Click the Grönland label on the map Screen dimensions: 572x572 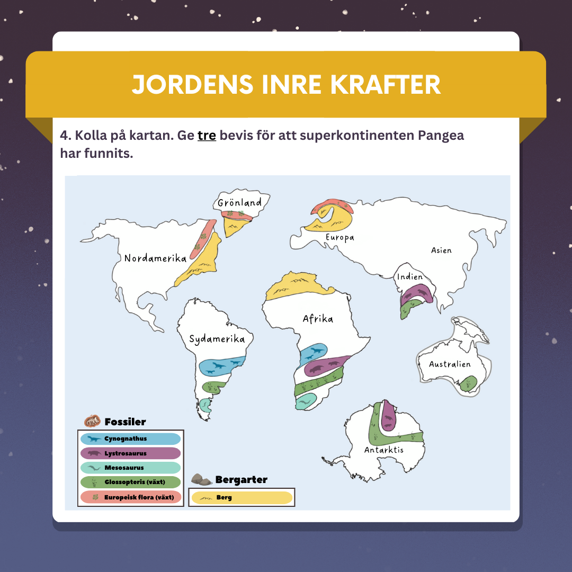[240, 202]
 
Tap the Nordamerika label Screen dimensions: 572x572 [155, 258]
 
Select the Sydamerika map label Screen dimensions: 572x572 [217, 339]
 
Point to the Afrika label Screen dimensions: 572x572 [318, 319]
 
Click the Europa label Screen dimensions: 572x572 [339, 238]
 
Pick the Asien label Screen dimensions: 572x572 [441, 250]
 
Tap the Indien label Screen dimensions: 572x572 [410, 277]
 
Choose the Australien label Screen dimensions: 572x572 [450, 364]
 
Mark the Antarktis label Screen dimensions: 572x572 [383, 450]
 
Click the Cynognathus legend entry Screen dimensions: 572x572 [130, 439]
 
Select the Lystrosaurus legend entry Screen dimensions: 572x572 [130, 453]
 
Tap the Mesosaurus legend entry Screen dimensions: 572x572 [130, 468]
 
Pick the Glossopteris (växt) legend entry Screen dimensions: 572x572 [130, 482]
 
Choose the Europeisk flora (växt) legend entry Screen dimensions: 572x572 [130, 497]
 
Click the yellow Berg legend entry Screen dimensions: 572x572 [242, 498]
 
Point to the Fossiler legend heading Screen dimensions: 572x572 [125, 422]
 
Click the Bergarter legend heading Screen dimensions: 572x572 [241, 480]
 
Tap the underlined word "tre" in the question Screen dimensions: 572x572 [207, 135]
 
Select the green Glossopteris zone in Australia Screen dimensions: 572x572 [469, 383]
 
